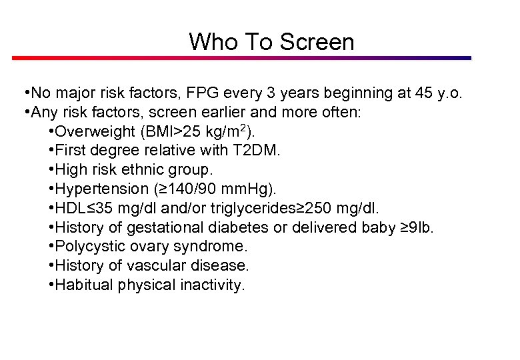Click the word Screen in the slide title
point(317,42)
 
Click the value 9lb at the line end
point(422,228)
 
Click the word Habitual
point(85,285)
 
